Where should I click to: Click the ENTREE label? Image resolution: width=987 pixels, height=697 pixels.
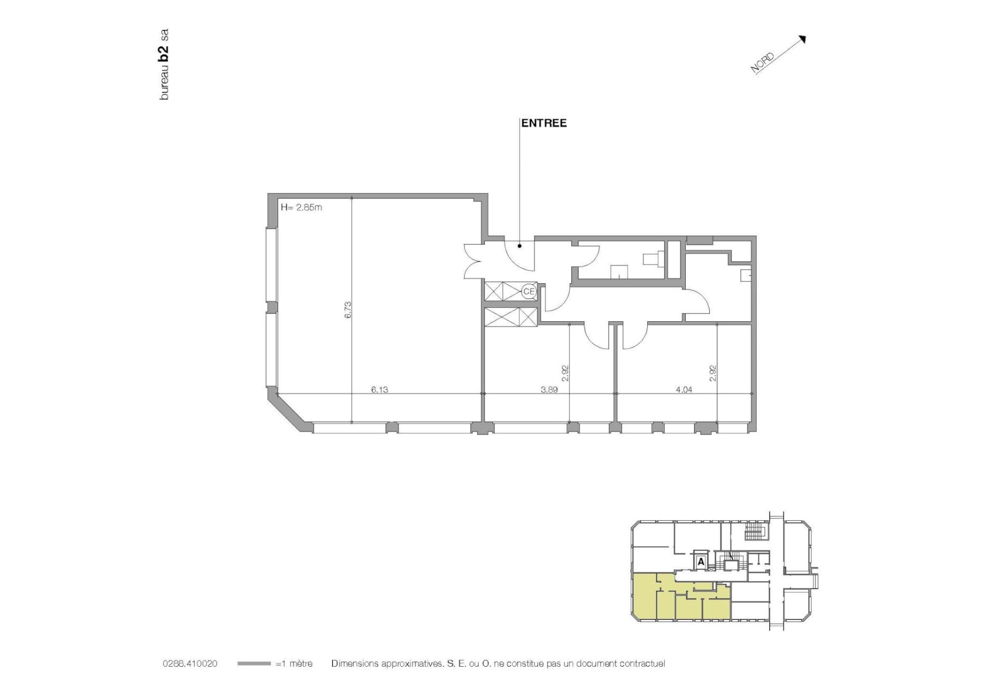pyautogui.click(x=544, y=123)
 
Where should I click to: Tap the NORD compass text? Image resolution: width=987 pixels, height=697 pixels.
pyautogui.click(x=762, y=63)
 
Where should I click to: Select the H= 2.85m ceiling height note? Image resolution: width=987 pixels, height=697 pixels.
pyautogui.click(x=301, y=208)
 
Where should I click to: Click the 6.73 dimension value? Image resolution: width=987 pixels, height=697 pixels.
pyautogui.click(x=348, y=310)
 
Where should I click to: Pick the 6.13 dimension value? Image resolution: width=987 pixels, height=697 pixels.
pyautogui.click(x=379, y=390)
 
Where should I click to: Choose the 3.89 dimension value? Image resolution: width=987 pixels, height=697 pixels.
pyautogui.click(x=549, y=390)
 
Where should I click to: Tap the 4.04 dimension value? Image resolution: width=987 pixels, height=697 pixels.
pyautogui.click(x=684, y=390)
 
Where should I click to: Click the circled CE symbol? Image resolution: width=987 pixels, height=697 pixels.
pyautogui.click(x=528, y=291)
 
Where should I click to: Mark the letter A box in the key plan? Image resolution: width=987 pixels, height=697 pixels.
pyautogui.click(x=701, y=562)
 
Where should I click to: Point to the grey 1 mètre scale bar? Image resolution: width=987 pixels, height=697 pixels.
pyautogui.click(x=254, y=664)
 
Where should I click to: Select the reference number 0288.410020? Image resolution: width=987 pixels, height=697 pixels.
pyautogui.click(x=190, y=664)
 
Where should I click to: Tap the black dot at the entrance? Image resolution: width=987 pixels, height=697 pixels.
pyautogui.click(x=520, y=246)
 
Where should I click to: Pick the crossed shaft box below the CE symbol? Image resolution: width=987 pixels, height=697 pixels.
pyautogui.click(x=511, y=316)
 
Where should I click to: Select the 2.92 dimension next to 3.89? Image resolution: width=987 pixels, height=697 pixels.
pyautogui.click(x=565, y=373)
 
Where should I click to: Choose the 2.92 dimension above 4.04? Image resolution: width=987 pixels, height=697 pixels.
pyautogui.click(x=713, y=373)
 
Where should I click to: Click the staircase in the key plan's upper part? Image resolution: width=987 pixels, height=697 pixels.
pyautogui.click(x=754, y=533)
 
